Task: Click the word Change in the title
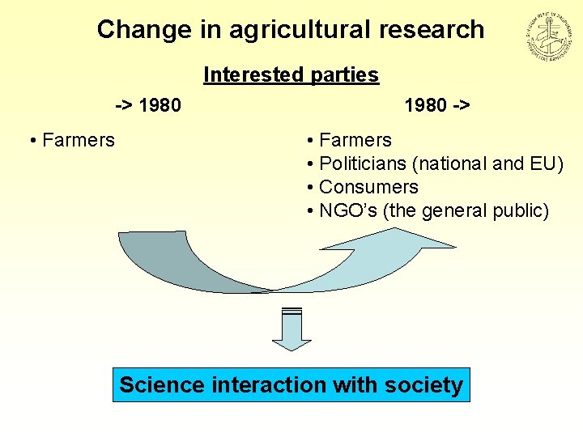pyautogui.click(x=129, y=30)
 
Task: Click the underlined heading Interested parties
pyautogui.click(x=291, y=75)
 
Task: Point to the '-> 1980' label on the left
pyautogui.click(x=147, y=105)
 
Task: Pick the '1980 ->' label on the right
pyautogui.click(x=437, y=105)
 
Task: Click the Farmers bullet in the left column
pyautogui.click(x=78, y=141)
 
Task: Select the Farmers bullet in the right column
pyautogui.click(x=355, y=141)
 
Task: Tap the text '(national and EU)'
pyautogui.click(x=487, y=164)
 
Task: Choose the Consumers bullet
pyautogui.click(x=368, y=188)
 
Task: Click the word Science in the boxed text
pyautogui.click(x=162, y=385)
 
